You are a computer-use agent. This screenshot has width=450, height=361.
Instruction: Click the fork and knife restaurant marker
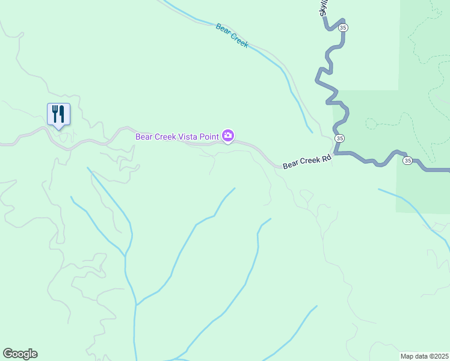pyautogui.click(x=58, y=113)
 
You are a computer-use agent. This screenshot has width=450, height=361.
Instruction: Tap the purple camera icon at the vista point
pyautogui.click(x=228, y=136)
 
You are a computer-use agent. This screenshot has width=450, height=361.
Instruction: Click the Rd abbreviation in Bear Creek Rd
pyautogui.click(x=326, y=159)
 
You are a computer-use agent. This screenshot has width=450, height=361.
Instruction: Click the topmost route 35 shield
pyautogui.click(x=343, y=28)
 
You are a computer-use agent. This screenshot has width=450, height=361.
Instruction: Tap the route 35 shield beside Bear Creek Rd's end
pyautogui.click(x=340, y=138)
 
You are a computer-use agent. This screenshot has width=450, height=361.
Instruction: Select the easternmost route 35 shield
pyautogui.click(x=407, y=161)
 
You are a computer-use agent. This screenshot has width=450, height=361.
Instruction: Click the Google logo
pyautogui.click(x=20, y=354)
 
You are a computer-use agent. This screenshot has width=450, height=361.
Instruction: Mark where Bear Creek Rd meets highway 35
pyautogui.click(x=333, y=153)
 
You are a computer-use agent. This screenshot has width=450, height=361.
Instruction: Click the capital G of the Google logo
pyautogui.click(x=8, y=354)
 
